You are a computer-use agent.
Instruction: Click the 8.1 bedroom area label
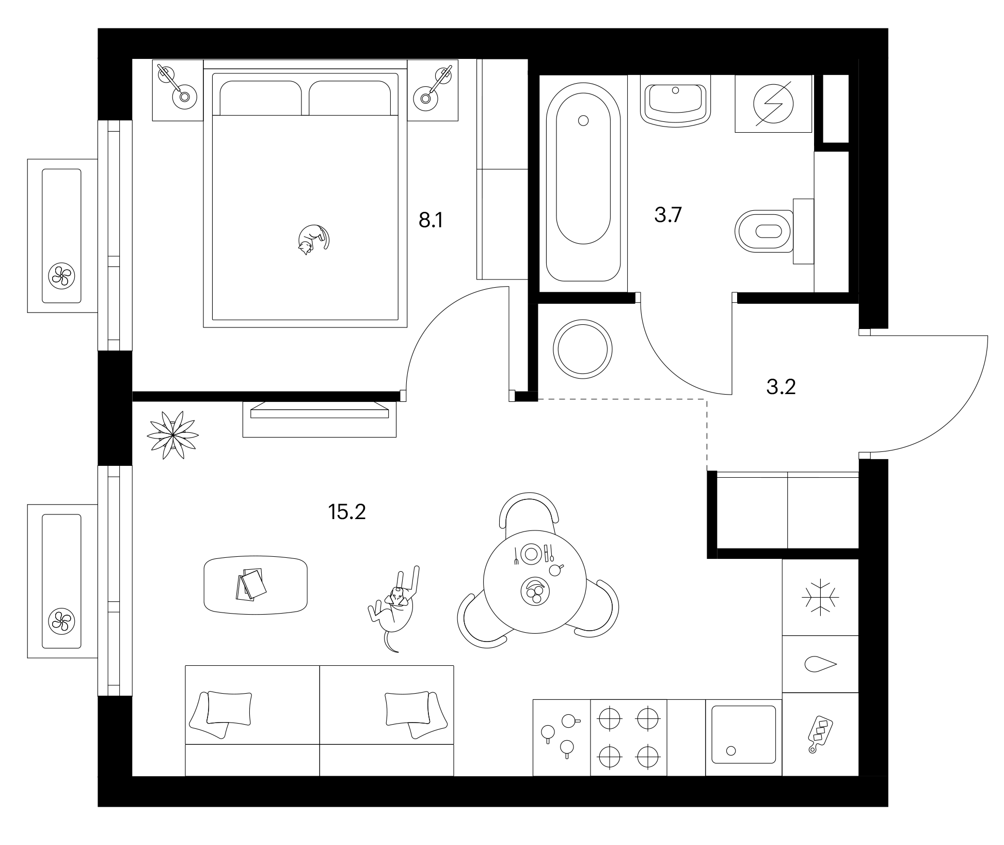431,221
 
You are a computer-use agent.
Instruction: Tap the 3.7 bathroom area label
668,214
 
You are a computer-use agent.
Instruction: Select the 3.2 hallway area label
781,386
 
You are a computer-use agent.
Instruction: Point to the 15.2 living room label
347,512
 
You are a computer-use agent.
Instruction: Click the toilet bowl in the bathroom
763,231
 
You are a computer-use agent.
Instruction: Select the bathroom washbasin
675,101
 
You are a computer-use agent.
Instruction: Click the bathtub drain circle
583,120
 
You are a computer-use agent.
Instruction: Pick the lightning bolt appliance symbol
773,103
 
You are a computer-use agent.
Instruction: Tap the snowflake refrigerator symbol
820,597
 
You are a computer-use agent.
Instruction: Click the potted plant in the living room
173,435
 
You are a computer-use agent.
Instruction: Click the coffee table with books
256,585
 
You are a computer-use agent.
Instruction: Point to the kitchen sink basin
743,734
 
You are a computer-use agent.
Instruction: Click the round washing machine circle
583,349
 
